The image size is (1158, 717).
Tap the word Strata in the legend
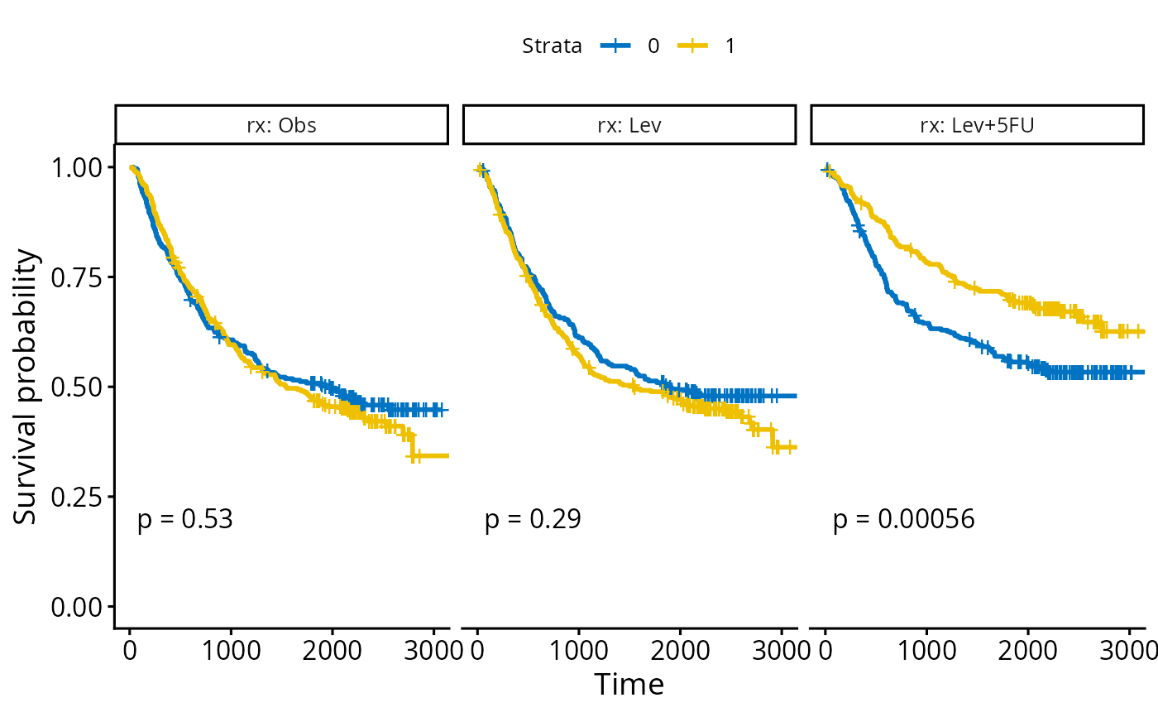(552, 46)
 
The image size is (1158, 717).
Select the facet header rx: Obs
(281, 125)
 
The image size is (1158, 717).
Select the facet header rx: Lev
(629, 125)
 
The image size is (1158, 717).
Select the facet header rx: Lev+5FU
(977, 125)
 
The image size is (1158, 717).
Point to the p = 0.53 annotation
(185, 520)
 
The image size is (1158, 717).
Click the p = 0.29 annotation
(533, 520)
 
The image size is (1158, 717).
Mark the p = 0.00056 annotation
(904, 520)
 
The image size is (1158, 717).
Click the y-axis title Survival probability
(26, 387)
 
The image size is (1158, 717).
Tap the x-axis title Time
(629, 685)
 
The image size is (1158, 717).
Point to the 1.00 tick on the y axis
(78, 167)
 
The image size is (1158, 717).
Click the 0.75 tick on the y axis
(78, 277)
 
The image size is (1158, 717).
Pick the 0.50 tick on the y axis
(78, 387)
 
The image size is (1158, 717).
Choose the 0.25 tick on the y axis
(78, 497)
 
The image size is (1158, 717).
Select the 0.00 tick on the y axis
(78, 607)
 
